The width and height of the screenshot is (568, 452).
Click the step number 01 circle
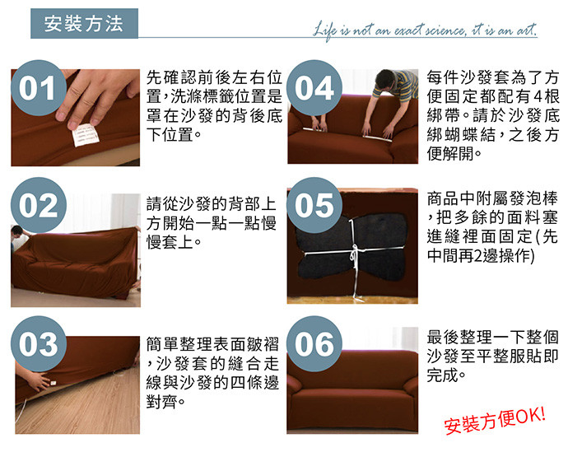[39, 88]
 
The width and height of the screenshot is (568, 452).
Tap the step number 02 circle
[39, 205]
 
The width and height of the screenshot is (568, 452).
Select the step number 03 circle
[39, 344]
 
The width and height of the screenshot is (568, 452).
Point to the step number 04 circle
[314, 88]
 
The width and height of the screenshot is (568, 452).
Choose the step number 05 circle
[314, 205]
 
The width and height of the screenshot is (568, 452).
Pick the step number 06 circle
[314, 344]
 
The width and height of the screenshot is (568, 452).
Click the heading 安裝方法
[84, 24]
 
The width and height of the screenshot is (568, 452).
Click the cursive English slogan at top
[425, 30]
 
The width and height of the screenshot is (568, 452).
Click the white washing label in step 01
[86, 135]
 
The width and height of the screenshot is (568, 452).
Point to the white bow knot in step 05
[354, 254]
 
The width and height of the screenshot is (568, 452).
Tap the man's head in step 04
[384, 79]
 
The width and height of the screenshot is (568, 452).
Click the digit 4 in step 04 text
[538, 96]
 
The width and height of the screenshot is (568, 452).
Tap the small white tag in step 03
[54, 383]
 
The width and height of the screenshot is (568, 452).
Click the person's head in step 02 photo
[16, 231]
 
